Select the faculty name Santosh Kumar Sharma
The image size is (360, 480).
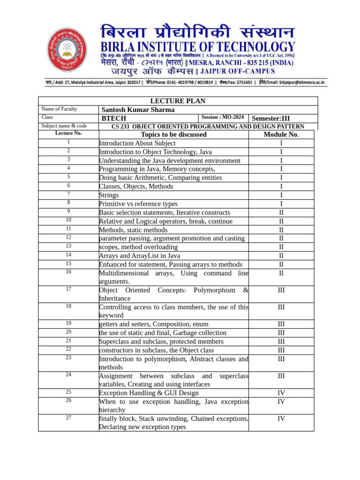pyautogui.click(x=138, y=110)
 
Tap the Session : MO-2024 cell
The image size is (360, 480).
pyautogui.click(x=223, y=117)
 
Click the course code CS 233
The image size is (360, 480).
pyautogui.click(x=120, y=126)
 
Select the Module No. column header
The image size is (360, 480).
pyautogui.click(x=281, y=135)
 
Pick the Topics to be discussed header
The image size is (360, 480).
pyautogui.click(x=173, y=135)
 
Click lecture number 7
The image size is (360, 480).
pyautogui.click(x=68, y=194)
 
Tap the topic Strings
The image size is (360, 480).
pyautogui.click(x=109, y=195)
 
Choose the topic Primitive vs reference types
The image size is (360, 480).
pyautogui.click(x=138, y=204)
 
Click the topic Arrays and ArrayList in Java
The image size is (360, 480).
pyautogui.click(x=139, y=256)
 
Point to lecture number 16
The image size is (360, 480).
pyautogui.click(x=68, y=272)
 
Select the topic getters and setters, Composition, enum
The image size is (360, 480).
pyautogui.click(x=154, y=324)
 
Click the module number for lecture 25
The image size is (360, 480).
pyautogui.click(x=281, y=393)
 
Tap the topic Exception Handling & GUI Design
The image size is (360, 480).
pyautogui.click(x=149, y=393)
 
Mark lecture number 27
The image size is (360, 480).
pyautogui.click(x=68, y=418)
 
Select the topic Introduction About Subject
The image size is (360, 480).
pyautogui.click(x=137, y=143)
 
